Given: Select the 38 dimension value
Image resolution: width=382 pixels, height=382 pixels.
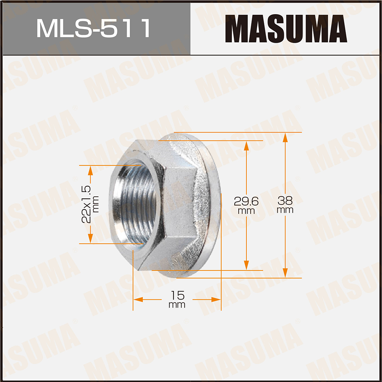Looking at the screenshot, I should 285,199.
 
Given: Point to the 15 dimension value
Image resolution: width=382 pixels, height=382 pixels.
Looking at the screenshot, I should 177,295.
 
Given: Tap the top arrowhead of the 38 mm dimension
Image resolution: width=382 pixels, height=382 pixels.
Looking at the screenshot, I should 285,137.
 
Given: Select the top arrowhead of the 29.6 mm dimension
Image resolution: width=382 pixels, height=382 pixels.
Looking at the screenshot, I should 246,145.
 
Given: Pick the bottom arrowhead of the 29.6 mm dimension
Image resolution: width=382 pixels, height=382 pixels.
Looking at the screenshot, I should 246,265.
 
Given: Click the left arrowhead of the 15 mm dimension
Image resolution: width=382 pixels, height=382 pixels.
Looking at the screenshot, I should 138,300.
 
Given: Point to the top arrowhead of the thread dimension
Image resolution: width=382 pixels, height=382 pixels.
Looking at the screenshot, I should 90,170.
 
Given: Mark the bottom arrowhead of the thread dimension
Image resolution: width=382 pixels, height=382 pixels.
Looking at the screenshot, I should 90,239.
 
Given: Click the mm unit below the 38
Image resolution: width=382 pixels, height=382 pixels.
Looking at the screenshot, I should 285,210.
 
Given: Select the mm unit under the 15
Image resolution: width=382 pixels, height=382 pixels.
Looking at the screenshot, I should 177,305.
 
